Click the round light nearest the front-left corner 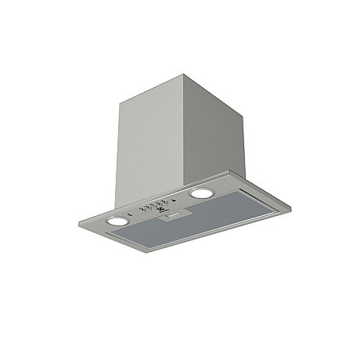(116, 221)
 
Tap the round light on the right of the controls (201, 193)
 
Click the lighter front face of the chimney (149, 141)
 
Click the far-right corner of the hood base (290, 206)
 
